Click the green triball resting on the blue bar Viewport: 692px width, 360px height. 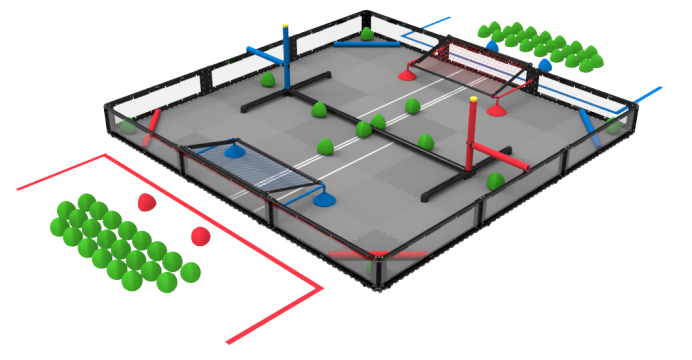tap(367, 35)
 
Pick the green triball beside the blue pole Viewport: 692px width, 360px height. tap(268, 79)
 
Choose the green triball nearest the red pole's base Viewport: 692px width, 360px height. tap(495, 181)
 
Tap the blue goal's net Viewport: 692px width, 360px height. tap(255, 169)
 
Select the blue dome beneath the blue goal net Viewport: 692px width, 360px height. tap(234, 151)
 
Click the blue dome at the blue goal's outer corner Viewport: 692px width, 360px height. tap(324, 197)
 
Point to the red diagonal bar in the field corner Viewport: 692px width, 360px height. tap(153, 127)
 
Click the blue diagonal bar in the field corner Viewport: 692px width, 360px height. tap(589, 128)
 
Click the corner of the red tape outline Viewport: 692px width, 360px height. tap(321, 289)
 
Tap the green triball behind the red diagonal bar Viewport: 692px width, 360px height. tap(127, 126)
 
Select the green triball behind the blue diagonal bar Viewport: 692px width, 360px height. tap(612, 125)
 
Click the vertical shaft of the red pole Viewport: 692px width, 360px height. tap(471, 135)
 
